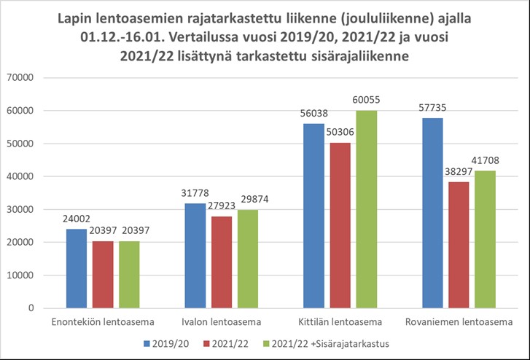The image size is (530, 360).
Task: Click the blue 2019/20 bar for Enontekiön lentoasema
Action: tap(77, 268)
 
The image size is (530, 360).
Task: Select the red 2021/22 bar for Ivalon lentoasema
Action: tap(222, 262)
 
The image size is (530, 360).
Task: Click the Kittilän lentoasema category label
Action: tap(340, 322)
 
